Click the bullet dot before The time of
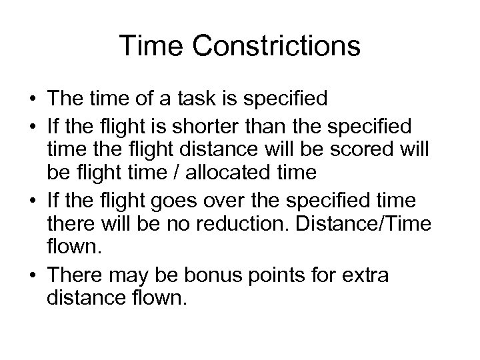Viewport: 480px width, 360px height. (33, 100)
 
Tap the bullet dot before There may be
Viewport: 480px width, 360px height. (33, 275)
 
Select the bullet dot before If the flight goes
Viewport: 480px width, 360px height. (33, 201)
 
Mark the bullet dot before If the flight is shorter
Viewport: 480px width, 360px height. (33, 125)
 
